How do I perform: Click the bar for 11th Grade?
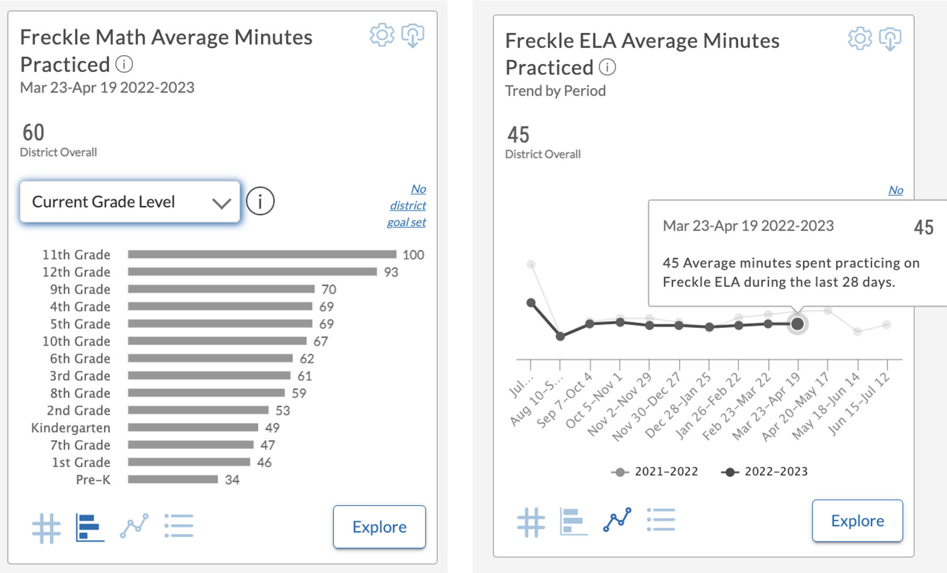pyautogui.click(x=262, y=254)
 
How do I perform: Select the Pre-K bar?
pyautogui.click(x=173, y=480)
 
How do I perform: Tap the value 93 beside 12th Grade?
pyautogui.click(x=391, y=272)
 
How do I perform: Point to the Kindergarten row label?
pyautogui.click(x=71, y=428)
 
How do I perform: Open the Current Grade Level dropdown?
pyautogui.click(x=130, y=202)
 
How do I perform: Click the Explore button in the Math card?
pyautogui.click(x=379, y=527)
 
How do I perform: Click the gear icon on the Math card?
pyautogui.click(x=382, y=35)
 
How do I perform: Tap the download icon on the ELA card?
pyautogui.click(x=890, y=39)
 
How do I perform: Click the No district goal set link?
pyautogui.click(x=408, y=205)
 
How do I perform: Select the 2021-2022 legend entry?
pyautogui.click(x=655, y=472)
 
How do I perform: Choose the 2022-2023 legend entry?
pyautogui.click(x=765, y=472)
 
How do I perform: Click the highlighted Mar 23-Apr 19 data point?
pyautogui.click(x=797, y=324)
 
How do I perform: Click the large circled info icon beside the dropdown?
pyautogui.click(x=260, y=201)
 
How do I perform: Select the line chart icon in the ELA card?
pyautogui.click(x=617, y=520)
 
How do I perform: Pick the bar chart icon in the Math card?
pyautogui.click(x=89, y=527)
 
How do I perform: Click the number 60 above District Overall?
pyautogui.click(x=33, y=132)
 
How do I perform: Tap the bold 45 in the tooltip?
pyautogui.click(x=923, y=227)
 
